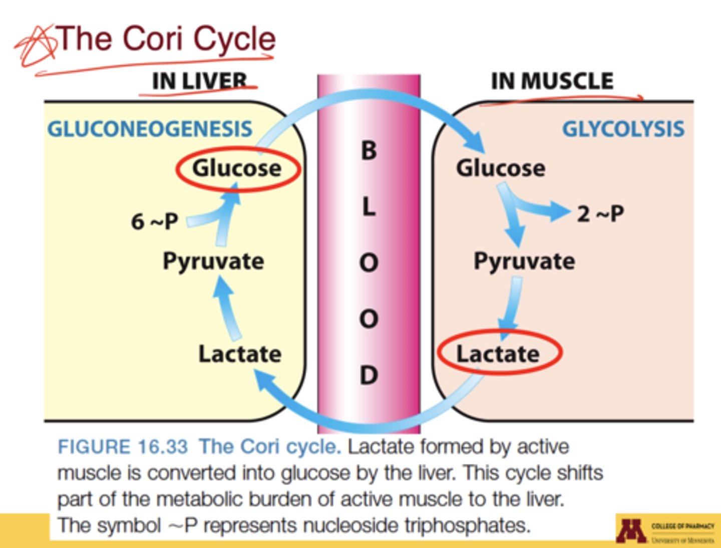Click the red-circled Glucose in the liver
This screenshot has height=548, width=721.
(237, 169)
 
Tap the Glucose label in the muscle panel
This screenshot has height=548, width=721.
(500, 168)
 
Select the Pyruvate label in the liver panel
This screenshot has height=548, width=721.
(213, 261)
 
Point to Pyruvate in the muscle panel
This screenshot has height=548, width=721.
(524, 261)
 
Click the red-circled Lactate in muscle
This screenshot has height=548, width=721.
(499, 354)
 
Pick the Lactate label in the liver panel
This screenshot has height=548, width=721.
(240, 354)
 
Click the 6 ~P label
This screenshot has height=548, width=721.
(154, 221)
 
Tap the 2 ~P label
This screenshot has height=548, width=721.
(600, 214)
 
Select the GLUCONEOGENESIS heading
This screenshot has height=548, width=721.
(150, 129)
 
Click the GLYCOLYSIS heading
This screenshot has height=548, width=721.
(623, 129)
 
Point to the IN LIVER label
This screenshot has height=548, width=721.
(200, 81)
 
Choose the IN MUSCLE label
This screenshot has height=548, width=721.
(552, 81)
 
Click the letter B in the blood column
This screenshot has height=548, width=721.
(369, 150)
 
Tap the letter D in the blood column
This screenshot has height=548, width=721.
(369, 375)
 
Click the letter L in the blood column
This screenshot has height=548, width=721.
(369, 206)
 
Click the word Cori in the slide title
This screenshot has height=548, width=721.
(154, 39)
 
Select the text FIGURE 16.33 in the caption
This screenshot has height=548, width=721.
(123, 446)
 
